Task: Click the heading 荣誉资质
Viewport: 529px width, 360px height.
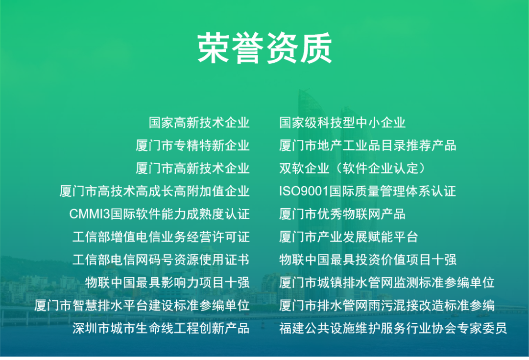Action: (264, 48)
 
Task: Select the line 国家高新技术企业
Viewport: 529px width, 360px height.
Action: (199, 122)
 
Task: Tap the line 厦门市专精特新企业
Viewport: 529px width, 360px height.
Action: (192, 145)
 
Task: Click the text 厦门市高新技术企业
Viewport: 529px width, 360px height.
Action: (192, 168)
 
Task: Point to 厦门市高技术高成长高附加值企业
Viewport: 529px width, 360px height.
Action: (154, 191)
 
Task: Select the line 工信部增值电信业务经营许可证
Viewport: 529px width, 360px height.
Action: (161, 237)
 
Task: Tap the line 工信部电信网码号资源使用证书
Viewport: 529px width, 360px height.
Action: (161, 260)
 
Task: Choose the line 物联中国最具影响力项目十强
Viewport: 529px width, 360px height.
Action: (167, 283)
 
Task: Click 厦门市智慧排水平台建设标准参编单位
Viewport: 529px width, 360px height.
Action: (142, 306)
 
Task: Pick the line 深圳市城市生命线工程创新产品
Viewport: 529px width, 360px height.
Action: (161, 328)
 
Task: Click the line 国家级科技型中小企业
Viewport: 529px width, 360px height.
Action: (342, 122)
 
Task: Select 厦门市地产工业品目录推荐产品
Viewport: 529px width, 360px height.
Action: (368, 145)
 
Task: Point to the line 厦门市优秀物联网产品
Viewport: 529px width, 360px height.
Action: (342, 214)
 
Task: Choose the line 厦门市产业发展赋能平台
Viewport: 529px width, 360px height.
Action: (349, 237)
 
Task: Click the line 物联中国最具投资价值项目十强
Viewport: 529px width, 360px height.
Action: (368, 260)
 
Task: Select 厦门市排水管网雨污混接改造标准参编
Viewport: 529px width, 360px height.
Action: (387, 306)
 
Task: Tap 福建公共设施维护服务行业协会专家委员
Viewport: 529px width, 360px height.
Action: (393, 328)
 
